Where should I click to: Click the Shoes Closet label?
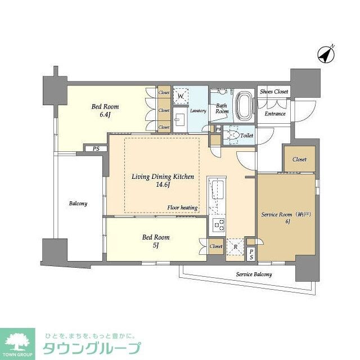coord(274,92)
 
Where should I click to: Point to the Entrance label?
coord(275,114)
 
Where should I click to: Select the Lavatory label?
coord(198,111)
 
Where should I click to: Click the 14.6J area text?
coord(163,184)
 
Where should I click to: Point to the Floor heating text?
coord(182,208)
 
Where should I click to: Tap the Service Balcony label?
coord(254,274)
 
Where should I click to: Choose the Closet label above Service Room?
coord(299,160)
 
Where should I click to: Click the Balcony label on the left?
coord(78,203)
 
